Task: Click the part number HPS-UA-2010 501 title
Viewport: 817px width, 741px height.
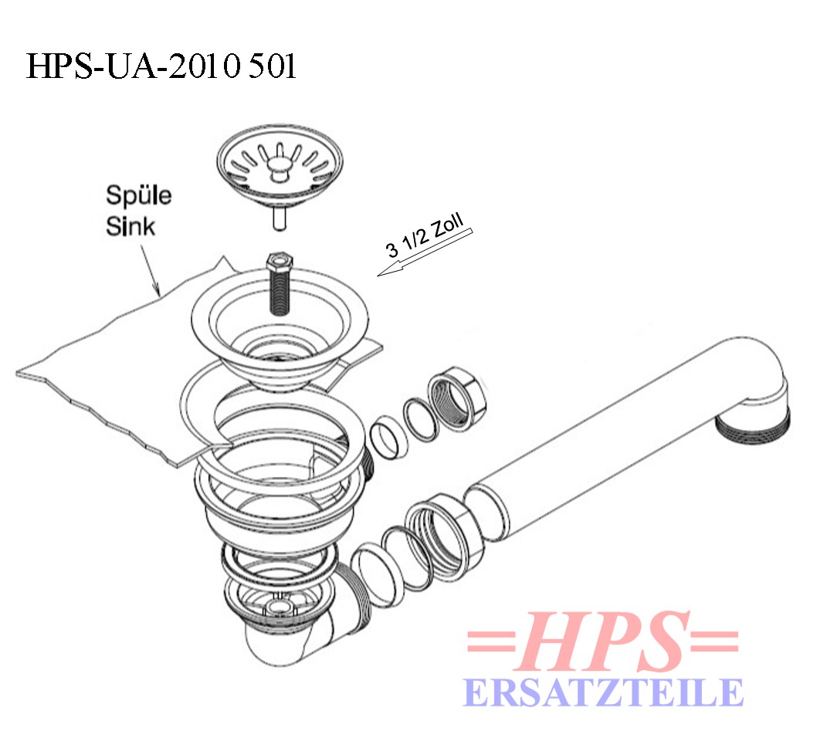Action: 161,66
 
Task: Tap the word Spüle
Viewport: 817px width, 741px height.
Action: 138,196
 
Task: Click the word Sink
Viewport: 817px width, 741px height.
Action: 131,226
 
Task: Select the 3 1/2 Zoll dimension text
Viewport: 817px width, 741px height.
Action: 425,236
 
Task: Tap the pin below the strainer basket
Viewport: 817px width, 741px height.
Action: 280,218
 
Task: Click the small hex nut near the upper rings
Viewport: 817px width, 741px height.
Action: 457,398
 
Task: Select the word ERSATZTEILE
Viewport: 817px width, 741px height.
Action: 603,692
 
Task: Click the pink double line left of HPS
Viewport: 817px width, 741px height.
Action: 492,641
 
